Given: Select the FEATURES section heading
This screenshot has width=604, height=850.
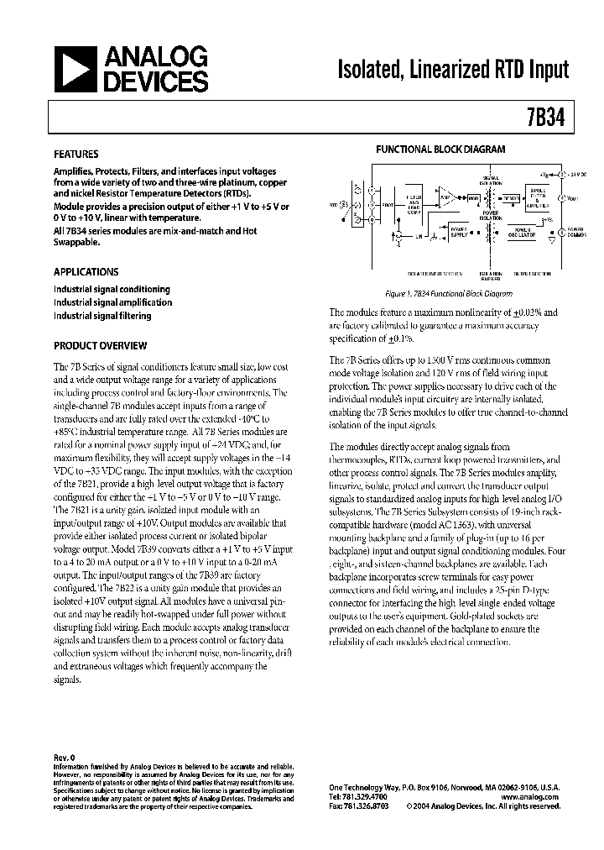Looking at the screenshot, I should (x=76, y=155).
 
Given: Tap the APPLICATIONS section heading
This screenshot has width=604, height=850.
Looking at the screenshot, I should (x=86, y=272).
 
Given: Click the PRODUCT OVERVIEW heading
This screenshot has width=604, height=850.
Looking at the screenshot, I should (x=101, y=345).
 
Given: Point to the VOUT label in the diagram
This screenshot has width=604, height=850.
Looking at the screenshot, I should (x=573, y=198).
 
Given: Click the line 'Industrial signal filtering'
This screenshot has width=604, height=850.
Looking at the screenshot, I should (x=103, y=316).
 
